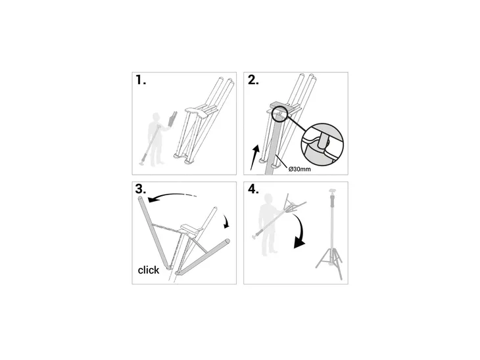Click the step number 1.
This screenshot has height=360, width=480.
pyautogui.click(x=141, y=80)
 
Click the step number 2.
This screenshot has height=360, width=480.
pyautogui.click(x=253, y=80)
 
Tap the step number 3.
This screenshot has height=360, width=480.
pyautogui.click(x=141, y=189)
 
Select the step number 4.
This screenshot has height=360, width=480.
pyautogui.click(x=253, y=189)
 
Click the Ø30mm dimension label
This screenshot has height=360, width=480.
pyautogui.click(x=299, y=169)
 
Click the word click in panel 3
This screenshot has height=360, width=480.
pyautogui.click(x=149, y=270)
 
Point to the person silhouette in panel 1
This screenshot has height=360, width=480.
pyautogui.click(x=156, y=139)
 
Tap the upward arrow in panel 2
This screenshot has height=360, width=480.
pyautogui.click(x=254, y=157)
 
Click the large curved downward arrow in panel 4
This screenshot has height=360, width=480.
pyautogui.click(x=302, y=231)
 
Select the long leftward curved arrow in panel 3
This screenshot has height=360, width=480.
pyautogui.click(x=172, y=196)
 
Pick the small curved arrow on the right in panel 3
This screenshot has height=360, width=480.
pyautogui.click(x=226, y=221)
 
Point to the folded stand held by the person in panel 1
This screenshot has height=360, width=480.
pyautogui.click(x=172, y=120)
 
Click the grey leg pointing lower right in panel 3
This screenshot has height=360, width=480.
pyautogui.click(x=204, y=256)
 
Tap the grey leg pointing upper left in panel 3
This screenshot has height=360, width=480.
pyautogui.click(x=154, y=233)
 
